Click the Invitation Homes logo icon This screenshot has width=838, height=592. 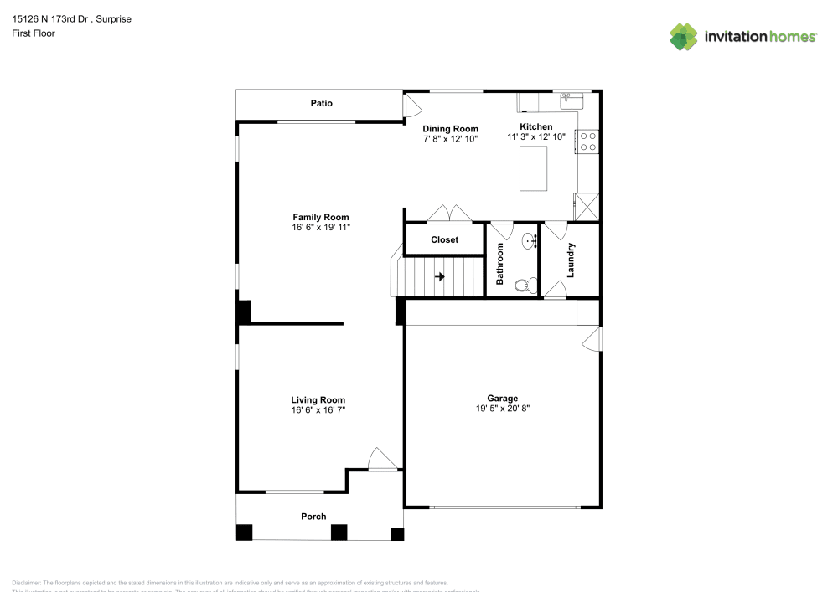pos(683,37)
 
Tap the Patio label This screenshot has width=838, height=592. pos(321,104)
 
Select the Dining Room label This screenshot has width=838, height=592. pos(450,129)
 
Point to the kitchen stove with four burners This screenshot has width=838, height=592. pos(587,142)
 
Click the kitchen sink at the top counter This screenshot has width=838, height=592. pos(572,99)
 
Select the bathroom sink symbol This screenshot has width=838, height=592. pos(530,242)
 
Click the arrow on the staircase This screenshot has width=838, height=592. pos(439,276)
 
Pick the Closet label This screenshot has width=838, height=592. pos(444,240)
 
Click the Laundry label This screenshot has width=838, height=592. pos(571,260)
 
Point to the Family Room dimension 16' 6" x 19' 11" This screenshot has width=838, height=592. pos(320,228)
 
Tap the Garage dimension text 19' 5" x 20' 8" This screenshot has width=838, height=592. pos(503,409)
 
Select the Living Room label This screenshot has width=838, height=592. pos(318,400)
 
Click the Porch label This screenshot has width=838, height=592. pos(313,517)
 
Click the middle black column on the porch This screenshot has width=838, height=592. pos(339,532)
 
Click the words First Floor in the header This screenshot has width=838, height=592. pos(34,33)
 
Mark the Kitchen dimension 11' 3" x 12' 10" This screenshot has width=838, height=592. pos(536,136)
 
